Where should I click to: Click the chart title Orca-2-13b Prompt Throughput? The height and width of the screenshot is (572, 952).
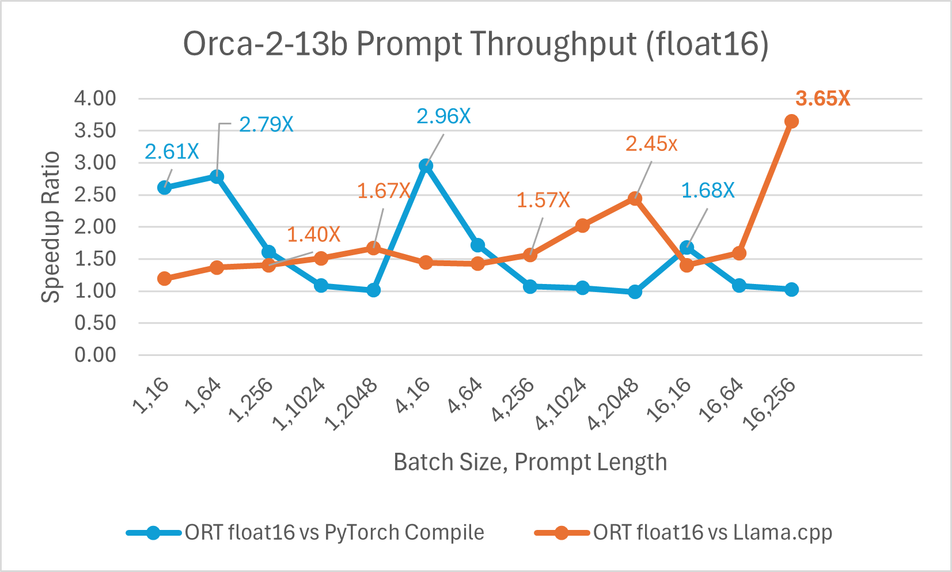(476, 44)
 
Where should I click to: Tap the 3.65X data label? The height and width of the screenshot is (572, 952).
(822, 99)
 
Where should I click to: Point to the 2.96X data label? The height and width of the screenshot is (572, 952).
(443, 117)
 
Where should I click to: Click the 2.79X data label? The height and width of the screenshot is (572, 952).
(266, 124)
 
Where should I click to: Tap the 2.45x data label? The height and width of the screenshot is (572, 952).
(651, 144)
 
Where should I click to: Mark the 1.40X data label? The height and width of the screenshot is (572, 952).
(313, 234)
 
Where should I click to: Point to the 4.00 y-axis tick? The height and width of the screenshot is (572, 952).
(95, 99)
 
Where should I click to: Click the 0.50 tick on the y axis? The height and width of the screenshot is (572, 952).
(95, 323)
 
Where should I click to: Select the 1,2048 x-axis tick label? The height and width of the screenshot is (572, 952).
(352, 405)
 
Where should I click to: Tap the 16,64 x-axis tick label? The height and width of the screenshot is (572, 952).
(721, 401)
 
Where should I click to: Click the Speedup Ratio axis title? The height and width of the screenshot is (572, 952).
(51, 226)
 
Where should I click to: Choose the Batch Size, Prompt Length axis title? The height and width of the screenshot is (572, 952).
(530, 463)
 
